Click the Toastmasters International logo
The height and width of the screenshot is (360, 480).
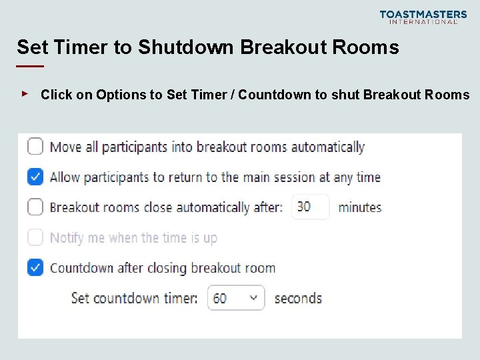click(423, 17)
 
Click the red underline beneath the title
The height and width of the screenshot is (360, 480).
click(30, 66)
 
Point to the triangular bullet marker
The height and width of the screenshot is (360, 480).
click(25, 94)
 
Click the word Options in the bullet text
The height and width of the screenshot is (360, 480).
click(120, 95)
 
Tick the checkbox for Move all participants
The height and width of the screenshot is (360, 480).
click(35, 147)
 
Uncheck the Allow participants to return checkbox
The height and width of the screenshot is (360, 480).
click(35, 177)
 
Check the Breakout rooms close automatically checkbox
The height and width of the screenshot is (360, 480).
click(35, 207)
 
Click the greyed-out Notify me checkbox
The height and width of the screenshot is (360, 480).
click(35, 237)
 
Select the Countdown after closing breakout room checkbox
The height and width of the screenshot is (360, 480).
click(35, 268)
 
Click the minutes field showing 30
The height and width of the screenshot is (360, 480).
click(310, 207)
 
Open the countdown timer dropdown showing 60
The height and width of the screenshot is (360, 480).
click(236, 298)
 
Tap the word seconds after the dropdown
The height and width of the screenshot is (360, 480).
click(298, 298)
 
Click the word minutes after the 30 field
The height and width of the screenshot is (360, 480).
click(360, 207)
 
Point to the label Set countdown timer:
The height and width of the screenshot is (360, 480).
click(134, 298)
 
